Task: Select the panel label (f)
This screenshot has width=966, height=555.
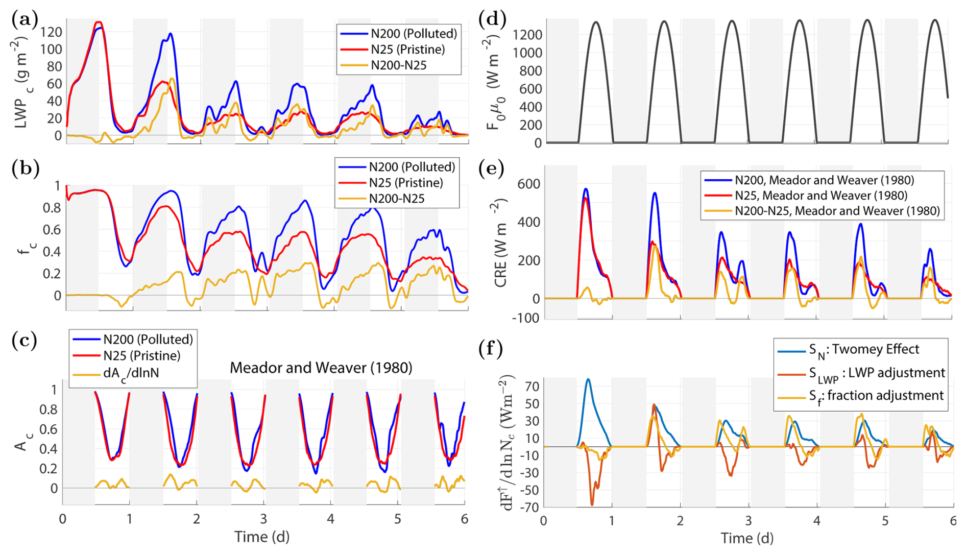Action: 491,349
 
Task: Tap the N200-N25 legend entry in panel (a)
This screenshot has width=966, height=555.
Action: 398,65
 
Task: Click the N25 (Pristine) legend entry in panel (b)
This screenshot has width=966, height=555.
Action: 405,183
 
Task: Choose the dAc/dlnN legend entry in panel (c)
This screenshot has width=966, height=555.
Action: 131,373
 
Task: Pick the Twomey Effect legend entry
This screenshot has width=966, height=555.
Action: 863,350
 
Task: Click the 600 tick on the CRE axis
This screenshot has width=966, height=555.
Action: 529,184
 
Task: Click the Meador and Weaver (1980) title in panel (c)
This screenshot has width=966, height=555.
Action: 321,368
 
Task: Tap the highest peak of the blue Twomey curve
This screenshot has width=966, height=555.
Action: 588,379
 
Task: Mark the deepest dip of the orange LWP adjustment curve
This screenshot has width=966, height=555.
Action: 592,504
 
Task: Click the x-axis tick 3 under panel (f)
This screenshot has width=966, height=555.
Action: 748,520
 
